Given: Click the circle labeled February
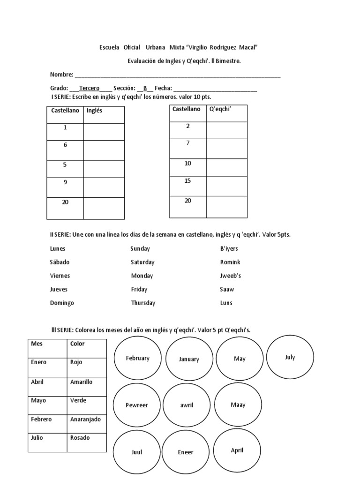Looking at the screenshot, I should (x=138, y=359).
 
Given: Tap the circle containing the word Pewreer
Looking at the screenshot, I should (x=136, y=405).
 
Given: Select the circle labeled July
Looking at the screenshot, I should (x=290, y=358).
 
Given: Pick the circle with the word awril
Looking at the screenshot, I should (x=187, y=405).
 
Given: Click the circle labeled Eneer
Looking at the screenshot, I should (x=186, y=452).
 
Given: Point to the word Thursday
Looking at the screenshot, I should (x=143, y=303).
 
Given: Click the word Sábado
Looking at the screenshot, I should (x=60, y=262).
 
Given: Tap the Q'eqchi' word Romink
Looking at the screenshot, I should (x=230, y=262).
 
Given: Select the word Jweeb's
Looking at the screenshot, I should (x=231, y=276).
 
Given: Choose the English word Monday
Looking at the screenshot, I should (x=142, y=276).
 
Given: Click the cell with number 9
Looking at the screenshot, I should (x=65, y=187).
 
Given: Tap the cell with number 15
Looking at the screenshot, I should (x=187, y=186).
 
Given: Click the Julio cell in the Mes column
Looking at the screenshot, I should (x=47, y=438).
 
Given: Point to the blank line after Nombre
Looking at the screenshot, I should (x=178, y=75).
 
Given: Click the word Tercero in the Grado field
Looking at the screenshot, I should (x=89, y=88).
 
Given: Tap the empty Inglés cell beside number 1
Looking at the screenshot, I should (x=104, y=132).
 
